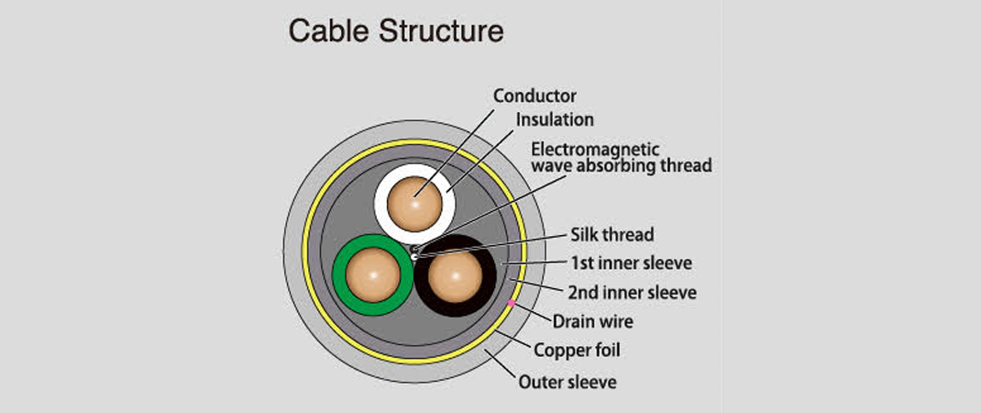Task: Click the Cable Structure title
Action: [x=396, y=30]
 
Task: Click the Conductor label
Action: [x=535, y=95]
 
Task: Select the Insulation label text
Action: [x=555, y=119]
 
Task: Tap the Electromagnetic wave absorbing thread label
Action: [x=622, y=157]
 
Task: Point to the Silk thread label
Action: [x=612, y=235]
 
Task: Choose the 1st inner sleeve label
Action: [x=631, y=263]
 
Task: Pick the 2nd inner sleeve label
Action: [x=633, y=293]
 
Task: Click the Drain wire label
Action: [x=592, y=321]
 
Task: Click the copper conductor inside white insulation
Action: [x=414, y=204]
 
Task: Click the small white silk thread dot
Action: [x=415, y=257]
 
